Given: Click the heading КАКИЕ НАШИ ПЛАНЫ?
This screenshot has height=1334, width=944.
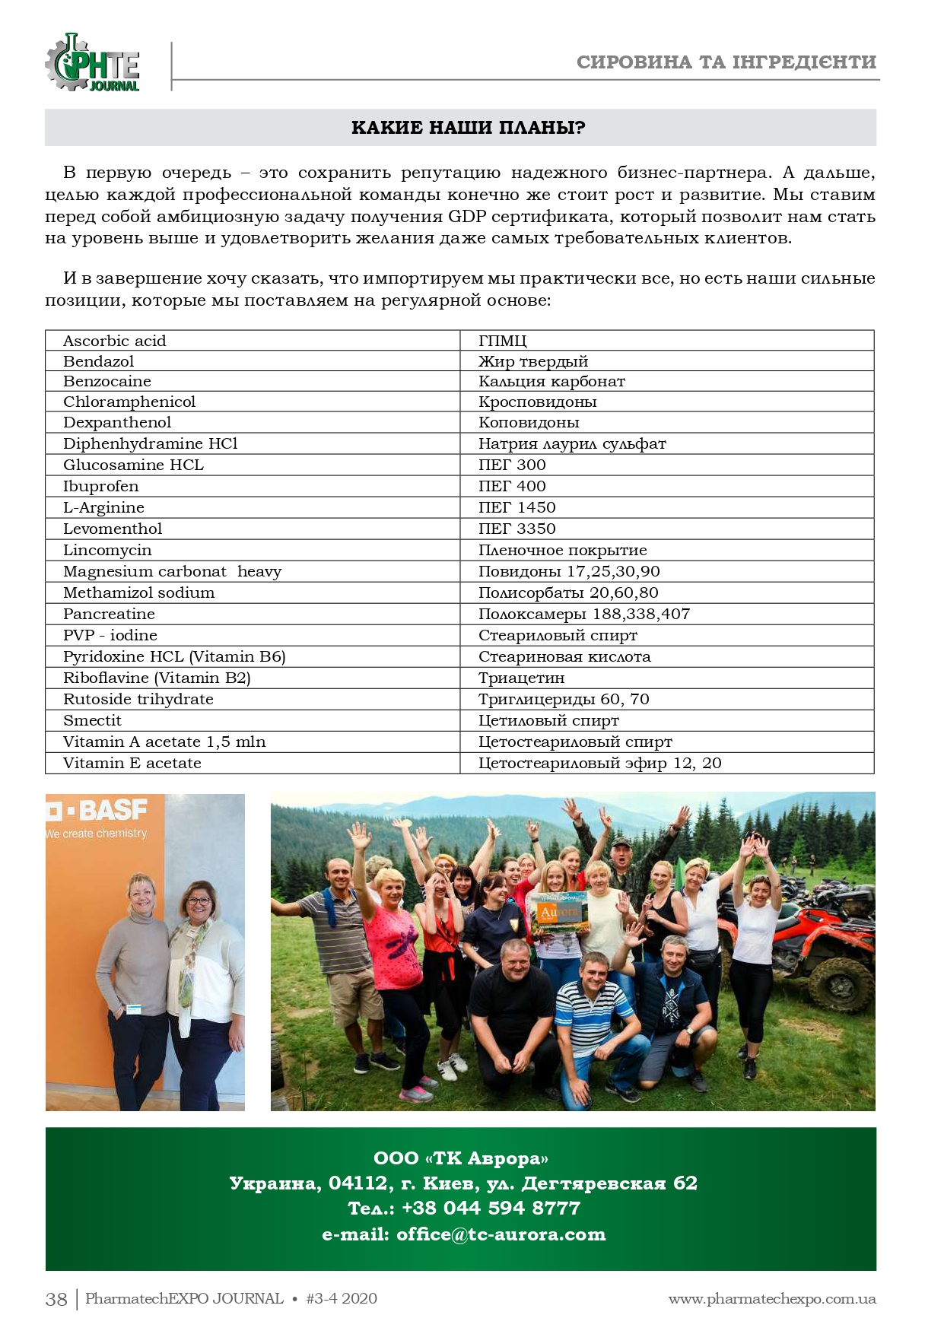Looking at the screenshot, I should tap(468, 128).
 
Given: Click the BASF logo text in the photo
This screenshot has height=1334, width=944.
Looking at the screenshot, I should tap(111, 810).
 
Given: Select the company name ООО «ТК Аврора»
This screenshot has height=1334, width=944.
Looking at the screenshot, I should tap(461, 1158).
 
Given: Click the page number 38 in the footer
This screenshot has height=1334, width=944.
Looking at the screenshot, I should tap(56, 1299).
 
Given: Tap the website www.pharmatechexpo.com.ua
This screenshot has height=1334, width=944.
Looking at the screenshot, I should tap(771, 1299).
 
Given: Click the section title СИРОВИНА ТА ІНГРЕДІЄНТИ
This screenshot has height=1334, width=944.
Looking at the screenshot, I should tap(726, 62).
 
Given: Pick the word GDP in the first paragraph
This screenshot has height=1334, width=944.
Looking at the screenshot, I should tap(467, 217).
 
